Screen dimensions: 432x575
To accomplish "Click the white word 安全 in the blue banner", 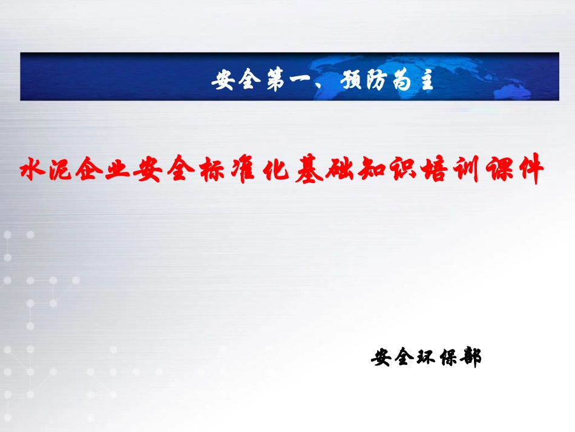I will [235, 81].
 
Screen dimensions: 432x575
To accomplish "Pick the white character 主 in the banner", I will [425, 81].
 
